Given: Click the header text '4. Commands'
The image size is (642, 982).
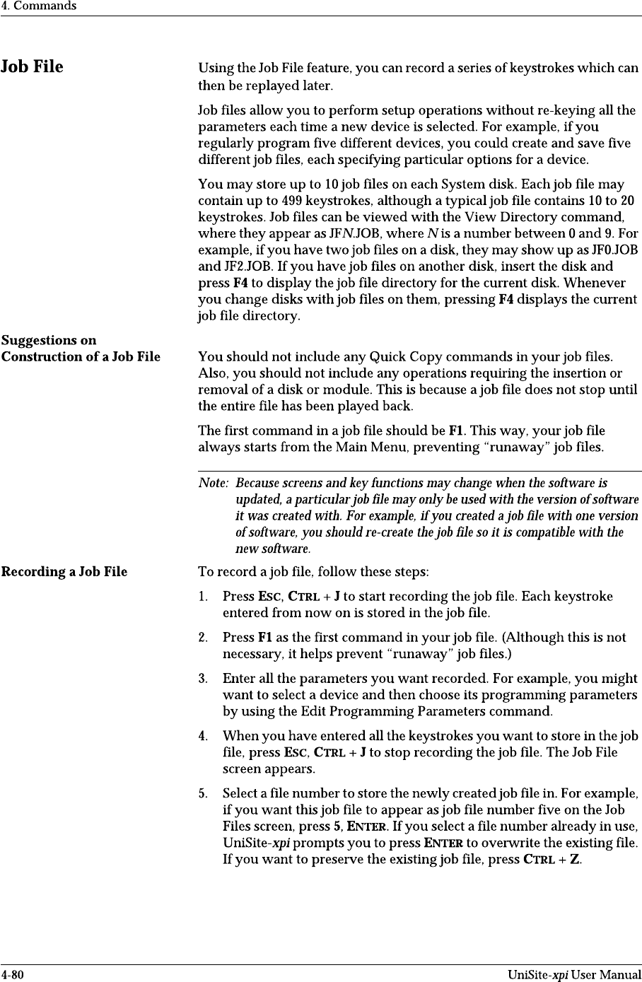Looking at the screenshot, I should (38, 6).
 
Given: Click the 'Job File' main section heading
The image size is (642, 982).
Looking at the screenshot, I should (32, 67).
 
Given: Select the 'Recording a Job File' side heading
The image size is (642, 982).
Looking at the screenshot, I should (64, 571).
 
